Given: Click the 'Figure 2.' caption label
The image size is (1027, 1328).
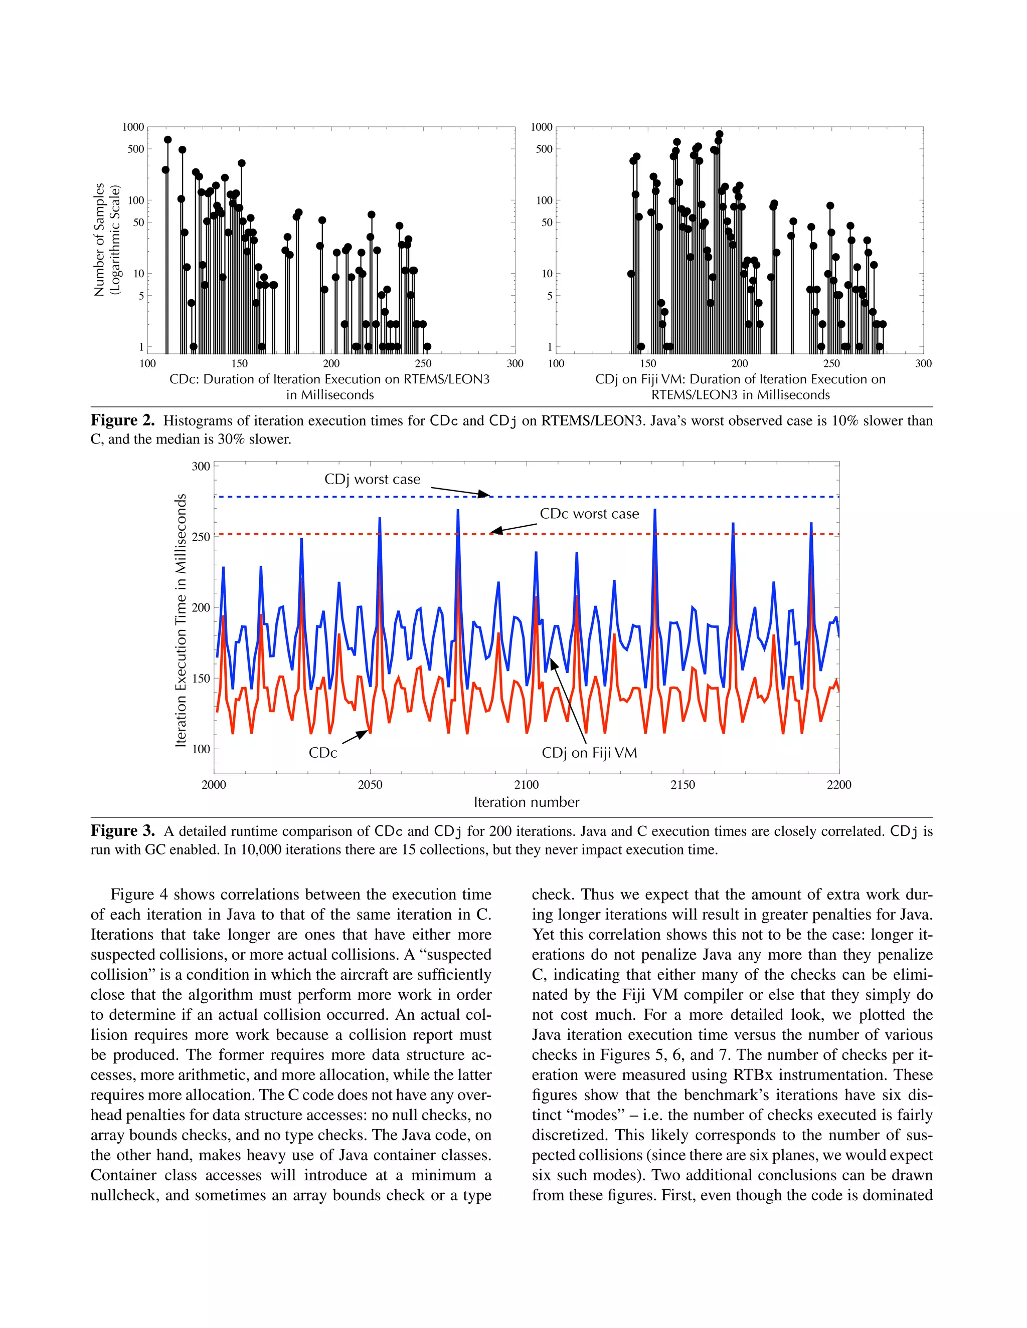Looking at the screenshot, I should pyautogui.click(x=122, y=421).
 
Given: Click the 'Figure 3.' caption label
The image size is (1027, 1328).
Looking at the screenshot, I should pyautogui.click(x=122, y=831).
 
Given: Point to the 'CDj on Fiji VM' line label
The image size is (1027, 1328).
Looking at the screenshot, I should pyautogui.click(x=589, y=753).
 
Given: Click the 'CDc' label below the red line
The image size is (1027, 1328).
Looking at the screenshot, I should pyautogui.click(x=322, y=753).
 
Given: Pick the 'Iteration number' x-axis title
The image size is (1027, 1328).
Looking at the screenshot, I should pyautogui.click(x=526, y=802).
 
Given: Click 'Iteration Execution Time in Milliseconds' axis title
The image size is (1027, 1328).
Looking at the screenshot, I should pyautogui.click(x=181, y=620).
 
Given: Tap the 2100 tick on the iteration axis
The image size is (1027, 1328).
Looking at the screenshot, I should pyautogui.click(x=526, y=785).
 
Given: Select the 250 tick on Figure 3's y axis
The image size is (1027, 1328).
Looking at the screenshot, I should pyautogui.click(x=200, y=537).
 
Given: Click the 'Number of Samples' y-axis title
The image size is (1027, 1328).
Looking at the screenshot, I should pyautogui.click(x=99, y=240).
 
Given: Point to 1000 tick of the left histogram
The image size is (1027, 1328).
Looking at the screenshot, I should pyautogui.click(x=133, y=127).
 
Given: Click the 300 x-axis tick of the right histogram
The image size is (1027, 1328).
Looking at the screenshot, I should pyautogui.click(x=923, y=364).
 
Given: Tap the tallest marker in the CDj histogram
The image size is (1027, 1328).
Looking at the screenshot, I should pyautogui.click(x=719, y=134).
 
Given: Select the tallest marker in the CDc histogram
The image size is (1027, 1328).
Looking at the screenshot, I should pyautogui.click(x=168, y=140).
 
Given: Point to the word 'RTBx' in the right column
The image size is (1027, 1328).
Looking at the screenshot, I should pyautogui.click(x=753, y=1075).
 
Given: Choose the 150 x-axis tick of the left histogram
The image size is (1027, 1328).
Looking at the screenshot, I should pyautogui.click(x=240, y=364).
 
